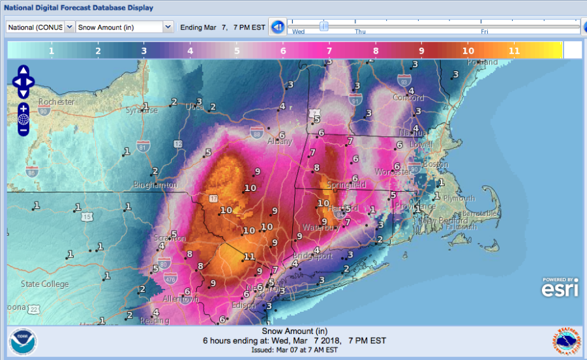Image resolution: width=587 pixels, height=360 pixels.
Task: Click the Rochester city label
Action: pos(57,102)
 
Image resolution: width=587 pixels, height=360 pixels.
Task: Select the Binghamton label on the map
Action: pos(155,185)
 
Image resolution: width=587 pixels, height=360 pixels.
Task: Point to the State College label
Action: pos(44,284)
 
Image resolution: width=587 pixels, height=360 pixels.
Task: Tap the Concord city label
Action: pos(409,98)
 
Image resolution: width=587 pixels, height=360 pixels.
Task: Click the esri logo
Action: pos(560,288)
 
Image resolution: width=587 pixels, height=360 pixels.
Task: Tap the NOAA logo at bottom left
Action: pos(23,341)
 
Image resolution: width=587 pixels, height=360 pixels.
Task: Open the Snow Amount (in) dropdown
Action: pos(125,27)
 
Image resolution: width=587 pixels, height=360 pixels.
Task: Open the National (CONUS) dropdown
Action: pos(40,27)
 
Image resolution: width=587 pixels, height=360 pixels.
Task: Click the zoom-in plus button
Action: pos(23,108)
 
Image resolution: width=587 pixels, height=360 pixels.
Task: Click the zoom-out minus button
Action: pos(23,130)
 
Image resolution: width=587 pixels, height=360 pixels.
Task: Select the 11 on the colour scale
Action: pos(514,50)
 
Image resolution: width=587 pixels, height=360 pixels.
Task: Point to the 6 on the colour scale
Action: pos(282,50)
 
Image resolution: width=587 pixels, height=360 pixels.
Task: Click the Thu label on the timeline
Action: pos(360,31)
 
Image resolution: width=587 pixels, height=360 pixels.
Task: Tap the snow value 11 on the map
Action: pos(249,256)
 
